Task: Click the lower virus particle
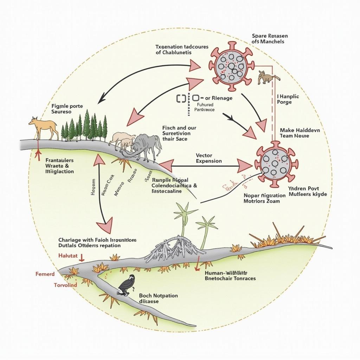[x=276, y=162]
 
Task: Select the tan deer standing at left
[x=44, y=127]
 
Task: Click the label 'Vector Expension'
[x=209, y=158]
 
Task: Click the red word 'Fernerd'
[x=45, y=274]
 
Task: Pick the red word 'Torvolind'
[x=65, y=285]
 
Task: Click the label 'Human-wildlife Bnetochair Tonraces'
[x=230, y=275]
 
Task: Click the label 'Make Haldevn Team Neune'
[x=300, y=133]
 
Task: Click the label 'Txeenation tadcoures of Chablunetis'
[x=182, y=49]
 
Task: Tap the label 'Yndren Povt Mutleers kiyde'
[x=307, y=191]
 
